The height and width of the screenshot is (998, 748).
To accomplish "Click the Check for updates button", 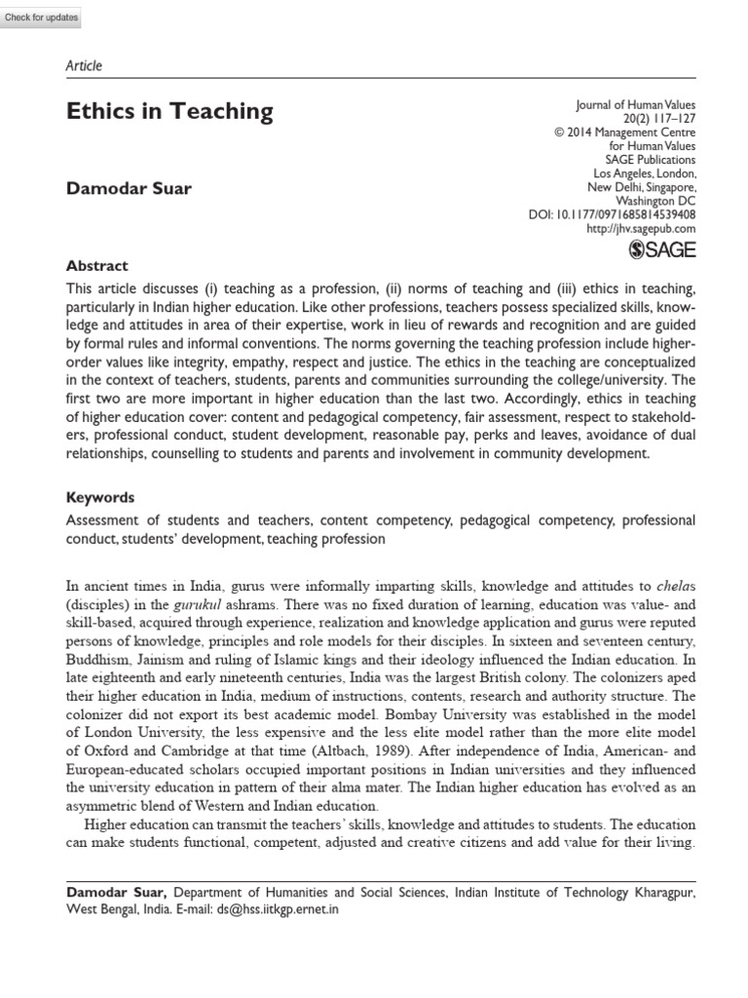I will pos(41,19).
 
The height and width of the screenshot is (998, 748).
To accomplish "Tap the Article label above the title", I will pos(84,66).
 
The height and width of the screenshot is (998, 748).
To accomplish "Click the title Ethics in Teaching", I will pos(169,112).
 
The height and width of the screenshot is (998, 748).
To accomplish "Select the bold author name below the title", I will pos(129,187).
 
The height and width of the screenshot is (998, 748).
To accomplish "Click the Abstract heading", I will pos(96,265).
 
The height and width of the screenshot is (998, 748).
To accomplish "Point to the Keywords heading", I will pos(100,497).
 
